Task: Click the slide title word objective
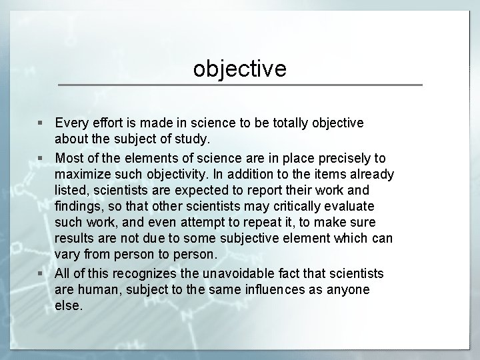240,68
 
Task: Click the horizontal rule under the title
240,85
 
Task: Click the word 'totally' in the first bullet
291,123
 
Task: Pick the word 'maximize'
82,175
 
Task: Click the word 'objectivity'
172,175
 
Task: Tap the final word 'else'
68,307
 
